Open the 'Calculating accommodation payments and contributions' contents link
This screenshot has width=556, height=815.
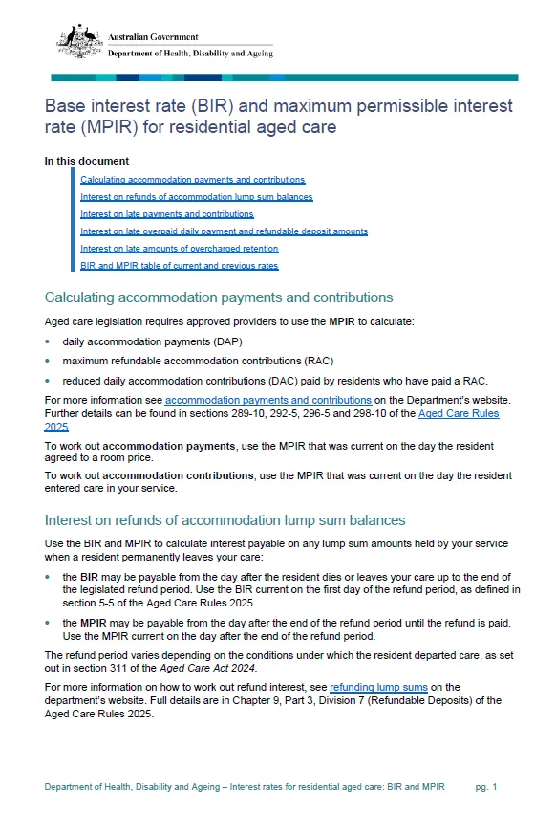coord(192,179)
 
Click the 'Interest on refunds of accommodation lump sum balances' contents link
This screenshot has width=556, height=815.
coord(196,197)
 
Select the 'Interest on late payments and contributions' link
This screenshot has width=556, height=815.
coord(166,214)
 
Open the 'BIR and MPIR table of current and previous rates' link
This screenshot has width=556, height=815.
coord(179,266)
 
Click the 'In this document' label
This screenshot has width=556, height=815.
coord(86,161)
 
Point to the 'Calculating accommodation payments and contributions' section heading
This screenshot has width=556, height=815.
coord(219,297)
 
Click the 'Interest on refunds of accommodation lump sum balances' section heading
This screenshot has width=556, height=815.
coord(225,520)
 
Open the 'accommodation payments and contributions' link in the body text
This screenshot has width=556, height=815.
coord(268,400)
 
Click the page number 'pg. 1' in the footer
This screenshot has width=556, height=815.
coord(486,786)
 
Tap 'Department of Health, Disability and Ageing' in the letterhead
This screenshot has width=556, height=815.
coord(190,54)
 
